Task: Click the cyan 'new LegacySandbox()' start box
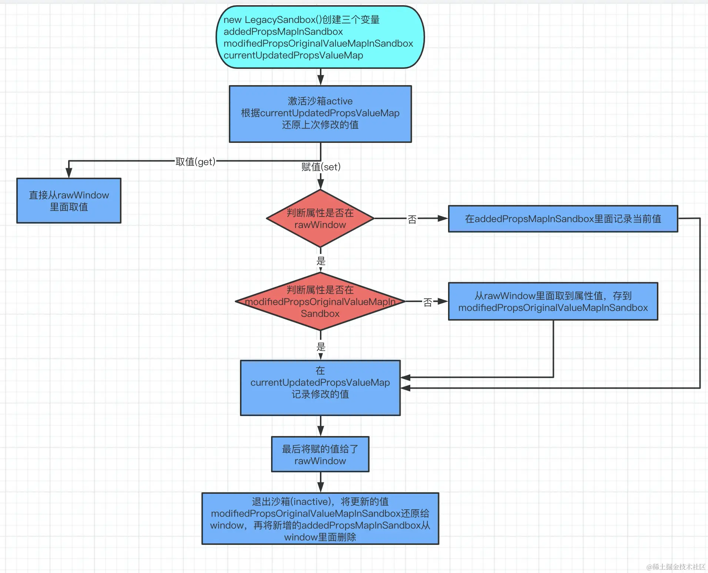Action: [320, 37]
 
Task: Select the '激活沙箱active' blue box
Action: [320, 114]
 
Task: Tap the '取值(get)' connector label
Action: [195, 162]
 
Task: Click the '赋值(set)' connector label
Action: [321, 167]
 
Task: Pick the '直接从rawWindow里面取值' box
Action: [69, 201]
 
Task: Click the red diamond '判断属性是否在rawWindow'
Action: [320, 218]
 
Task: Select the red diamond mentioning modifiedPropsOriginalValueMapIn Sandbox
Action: [320, 301]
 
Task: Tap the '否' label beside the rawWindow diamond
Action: [412, 220]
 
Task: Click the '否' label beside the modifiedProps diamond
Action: [428, 302]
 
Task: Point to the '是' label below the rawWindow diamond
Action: [321, 261]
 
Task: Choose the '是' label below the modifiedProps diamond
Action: [321, 347]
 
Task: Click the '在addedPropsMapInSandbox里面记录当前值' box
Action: [563, 219]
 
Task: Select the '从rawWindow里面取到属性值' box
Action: [553, 301]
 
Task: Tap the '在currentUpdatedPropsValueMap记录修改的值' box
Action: [320, 388]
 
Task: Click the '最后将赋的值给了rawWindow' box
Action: [320, 454]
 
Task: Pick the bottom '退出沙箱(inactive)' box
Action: [320, 519]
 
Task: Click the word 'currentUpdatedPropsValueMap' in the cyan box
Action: [293, 56]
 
